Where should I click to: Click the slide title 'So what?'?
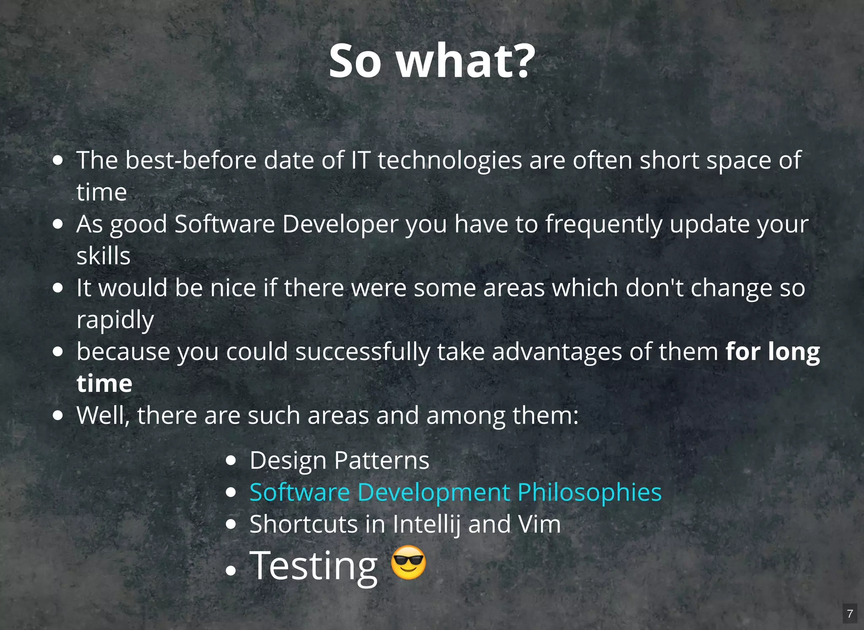[x=432, y=61]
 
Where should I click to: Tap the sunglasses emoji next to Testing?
[x=408, y=563]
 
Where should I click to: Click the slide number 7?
[x=850, y=614]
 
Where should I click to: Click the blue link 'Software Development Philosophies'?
[x=455, y=492]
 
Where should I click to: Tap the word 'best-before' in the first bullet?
[x=191, y=160]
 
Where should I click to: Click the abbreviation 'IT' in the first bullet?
[x=361, y=160]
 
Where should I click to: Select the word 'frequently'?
[x=604, y=224]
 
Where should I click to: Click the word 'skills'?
[x=103, y=256]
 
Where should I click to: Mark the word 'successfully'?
[x=362, y=352]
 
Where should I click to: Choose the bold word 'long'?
[x=794, y=352]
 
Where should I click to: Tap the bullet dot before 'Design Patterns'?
[x=231, y=460]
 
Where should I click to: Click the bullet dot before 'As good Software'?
[x=58, y=224]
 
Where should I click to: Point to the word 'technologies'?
[x=449, y=160]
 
